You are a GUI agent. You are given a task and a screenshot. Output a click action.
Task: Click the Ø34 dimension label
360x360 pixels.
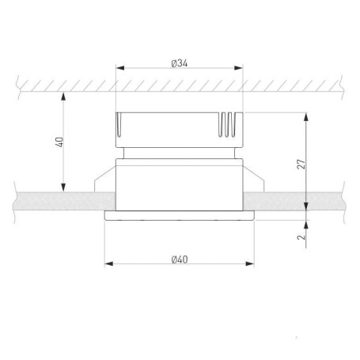pos(180,63)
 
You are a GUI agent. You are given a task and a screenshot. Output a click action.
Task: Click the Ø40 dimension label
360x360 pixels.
pos(180,260)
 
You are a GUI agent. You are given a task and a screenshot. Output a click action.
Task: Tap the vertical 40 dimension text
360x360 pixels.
pos(60,142)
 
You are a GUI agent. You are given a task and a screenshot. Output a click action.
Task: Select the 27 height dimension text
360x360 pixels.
pos(301,164)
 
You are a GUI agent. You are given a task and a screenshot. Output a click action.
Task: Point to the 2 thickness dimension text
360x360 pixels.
pos(301,237)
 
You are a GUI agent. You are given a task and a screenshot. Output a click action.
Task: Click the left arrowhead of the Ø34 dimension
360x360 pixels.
pos(120,68)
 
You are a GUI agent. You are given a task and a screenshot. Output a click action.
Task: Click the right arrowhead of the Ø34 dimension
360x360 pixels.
pos(238,68)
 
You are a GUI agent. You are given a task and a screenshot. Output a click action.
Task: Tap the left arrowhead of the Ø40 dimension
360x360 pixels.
pos(109,263)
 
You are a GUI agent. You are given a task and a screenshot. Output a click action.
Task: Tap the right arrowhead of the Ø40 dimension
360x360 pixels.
pos(250,263)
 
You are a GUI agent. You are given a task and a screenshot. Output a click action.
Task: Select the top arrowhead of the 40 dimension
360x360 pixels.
pos(63,97)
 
